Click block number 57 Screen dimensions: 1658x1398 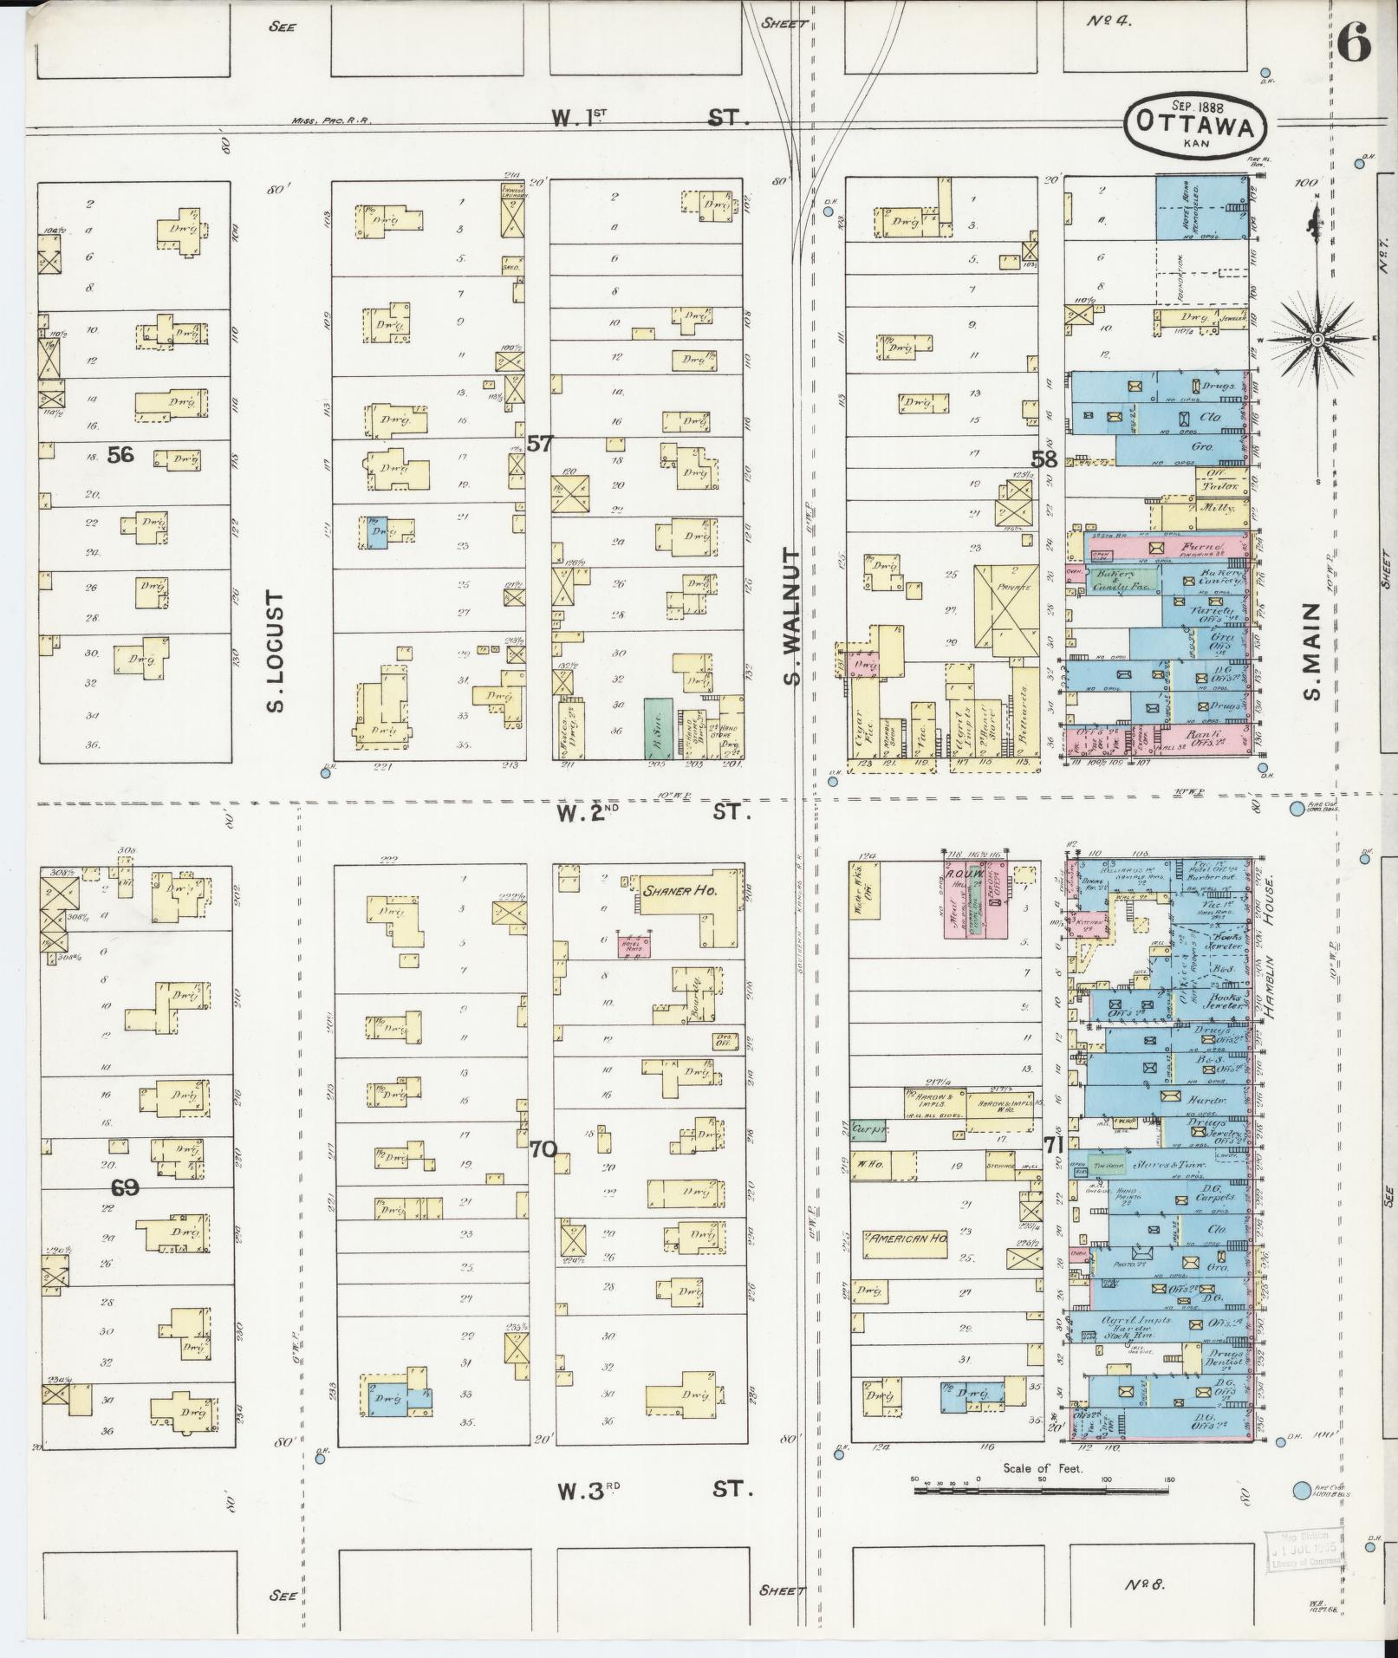[539, 444]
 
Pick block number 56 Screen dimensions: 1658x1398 [120, 454]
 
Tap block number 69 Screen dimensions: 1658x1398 [125, 1187]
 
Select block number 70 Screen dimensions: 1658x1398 [543, 1149]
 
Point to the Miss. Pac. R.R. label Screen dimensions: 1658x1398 [332, 120]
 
